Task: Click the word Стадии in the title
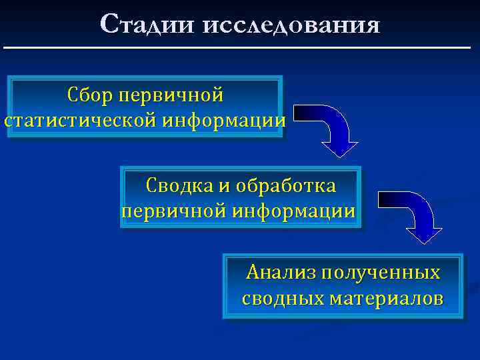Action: point(144,25)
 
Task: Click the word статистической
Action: point(80,121)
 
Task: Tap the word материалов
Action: point(386,297)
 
